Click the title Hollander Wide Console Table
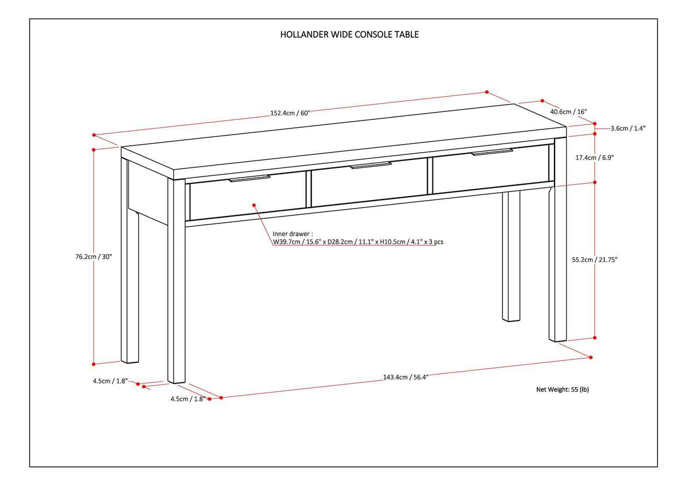click(350, 34)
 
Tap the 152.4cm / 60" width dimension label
click(290, 113)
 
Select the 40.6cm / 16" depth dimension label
click(569, 111)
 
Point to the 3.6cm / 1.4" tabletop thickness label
click(628, 128)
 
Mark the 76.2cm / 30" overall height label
click(94, 256)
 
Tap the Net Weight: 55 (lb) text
click(562, 389)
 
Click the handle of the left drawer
click(250, 179)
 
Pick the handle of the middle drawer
click(371, 165)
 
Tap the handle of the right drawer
click(492, 151)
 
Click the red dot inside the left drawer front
click(254, 205)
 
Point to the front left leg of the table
click(177, 283)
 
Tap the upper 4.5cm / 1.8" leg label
click(110, 381)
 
